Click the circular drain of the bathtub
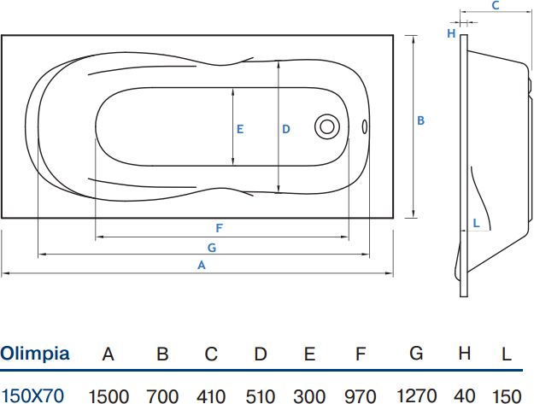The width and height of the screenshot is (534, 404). (x=326, y=126)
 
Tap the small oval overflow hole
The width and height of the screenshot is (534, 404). (x=365, y=126)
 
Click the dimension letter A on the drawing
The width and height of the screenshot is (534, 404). (x=202, y=266)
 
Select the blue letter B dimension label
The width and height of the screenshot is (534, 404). (x=421, y=121)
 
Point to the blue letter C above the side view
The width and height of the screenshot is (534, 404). (x=495, y=5)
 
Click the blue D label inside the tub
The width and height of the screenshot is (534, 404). (x=286, y=129)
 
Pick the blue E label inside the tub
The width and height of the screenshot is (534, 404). (x=240, y=129)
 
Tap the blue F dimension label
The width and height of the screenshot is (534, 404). (x=220, y=228)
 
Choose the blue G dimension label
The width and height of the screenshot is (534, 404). (x=211, y=247)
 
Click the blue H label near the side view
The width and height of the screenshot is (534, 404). (x=450, y=33)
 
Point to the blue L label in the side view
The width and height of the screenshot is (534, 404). (x=477, y=223)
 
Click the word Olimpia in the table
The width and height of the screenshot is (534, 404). (x=35, y=354)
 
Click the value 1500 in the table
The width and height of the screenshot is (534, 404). (x=109, y=395)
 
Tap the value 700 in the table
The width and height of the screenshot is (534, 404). (x=162, y=395)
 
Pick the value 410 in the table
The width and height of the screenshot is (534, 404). (x=211, y=395)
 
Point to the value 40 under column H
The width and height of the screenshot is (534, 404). (x=465, y=395)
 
